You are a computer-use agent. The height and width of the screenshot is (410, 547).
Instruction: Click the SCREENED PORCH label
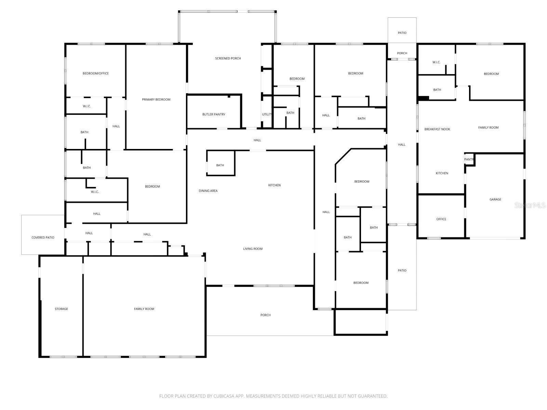click(228, 58)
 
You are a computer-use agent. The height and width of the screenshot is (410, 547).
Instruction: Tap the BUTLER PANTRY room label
click(214, 114)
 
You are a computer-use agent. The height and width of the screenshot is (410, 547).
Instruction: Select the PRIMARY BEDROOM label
click(156, 99)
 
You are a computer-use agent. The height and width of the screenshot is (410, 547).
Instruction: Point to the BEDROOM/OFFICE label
click(95, 73)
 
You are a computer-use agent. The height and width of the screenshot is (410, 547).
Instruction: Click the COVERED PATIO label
click(43, 237)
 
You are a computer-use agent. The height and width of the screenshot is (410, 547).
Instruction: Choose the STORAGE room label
click(61, 309)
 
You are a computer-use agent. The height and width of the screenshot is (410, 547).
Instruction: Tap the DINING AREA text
click(208, 191)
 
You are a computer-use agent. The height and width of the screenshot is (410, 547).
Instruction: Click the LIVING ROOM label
click(253, 249)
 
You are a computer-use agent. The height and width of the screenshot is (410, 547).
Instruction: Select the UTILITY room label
click(267, 114)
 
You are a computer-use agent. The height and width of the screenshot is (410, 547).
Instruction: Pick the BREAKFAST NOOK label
click(437, 129)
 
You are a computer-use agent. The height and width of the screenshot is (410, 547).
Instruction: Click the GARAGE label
click(495, 200)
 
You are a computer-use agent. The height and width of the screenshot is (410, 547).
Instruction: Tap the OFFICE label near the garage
click(441, 219)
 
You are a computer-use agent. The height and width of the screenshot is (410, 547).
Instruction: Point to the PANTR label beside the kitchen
click(469, 160)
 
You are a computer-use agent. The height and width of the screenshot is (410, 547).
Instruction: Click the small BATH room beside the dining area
click(220, 165)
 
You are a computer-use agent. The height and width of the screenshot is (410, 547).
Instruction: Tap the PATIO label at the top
click(402, 33)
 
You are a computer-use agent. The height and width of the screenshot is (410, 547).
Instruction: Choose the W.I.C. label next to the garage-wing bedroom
click(436, 62)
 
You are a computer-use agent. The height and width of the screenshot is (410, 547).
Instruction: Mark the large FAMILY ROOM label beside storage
click(144, 309)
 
